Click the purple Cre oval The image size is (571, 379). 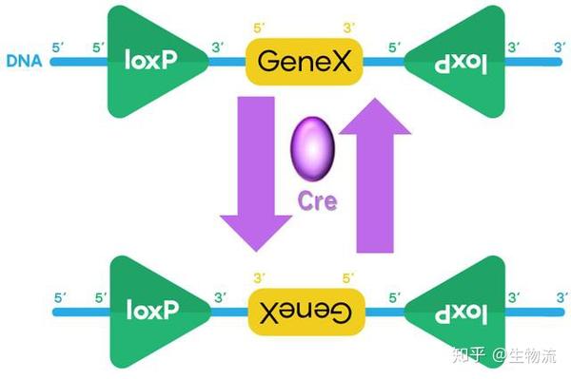pos(311,149)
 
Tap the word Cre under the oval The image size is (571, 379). pos(313,202)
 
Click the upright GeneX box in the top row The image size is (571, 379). pos(305,63)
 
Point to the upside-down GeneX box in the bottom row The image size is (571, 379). pos(305,311)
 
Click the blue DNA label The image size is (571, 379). pos(23,63)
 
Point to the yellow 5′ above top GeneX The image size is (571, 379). pos(260,29)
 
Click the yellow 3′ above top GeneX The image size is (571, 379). pos(348,29)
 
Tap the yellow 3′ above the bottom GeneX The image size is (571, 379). pos(260,278)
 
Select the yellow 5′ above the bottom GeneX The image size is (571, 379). pos(348,278)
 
